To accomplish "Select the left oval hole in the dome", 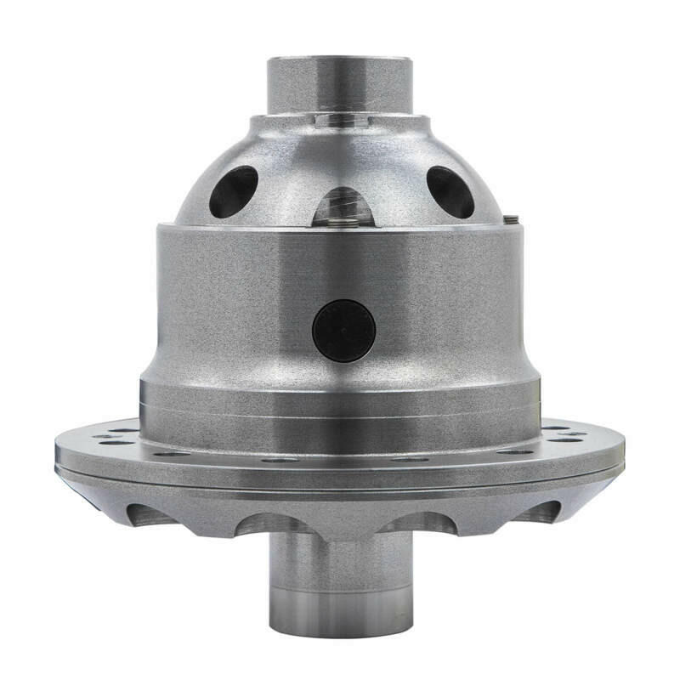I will click(233, 190).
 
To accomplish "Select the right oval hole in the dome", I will click(450, 190).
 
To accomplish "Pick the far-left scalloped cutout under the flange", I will click(140, 513).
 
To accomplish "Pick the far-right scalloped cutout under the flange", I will click(541, 512).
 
